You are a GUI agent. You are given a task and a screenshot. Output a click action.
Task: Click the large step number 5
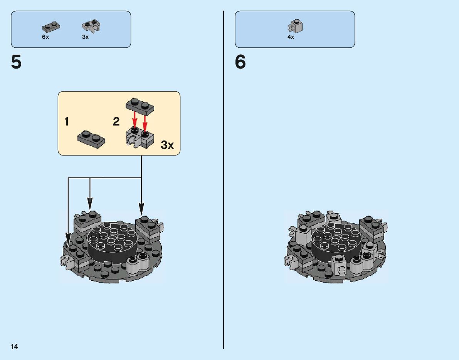pos(16,62)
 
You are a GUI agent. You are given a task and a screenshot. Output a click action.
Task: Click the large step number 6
pos(240,62)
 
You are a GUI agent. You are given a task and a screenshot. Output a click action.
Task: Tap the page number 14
pos(14,347)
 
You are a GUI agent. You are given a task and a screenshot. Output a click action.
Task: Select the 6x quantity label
pos(45,37)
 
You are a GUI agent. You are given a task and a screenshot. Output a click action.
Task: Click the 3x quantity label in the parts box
pos(85,37)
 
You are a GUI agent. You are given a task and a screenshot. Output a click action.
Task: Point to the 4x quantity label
pos(291,37)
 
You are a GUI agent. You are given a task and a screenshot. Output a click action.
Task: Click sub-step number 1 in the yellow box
pos(67,122)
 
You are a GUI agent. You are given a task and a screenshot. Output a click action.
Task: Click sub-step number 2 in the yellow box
pos(116,122)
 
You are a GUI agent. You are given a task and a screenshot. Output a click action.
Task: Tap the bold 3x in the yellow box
pos(167,145)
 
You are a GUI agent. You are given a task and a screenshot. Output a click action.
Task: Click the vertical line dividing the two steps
pos(224,193)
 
